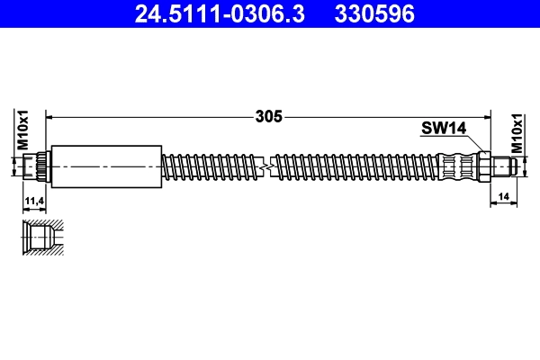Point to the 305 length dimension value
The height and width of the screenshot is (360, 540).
tap(269, 116)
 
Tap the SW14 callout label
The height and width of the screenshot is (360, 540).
tap(442, 129)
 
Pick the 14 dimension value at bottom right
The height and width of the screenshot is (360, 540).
tap(502, 193)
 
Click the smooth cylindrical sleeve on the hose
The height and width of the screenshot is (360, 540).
tap(106, 166)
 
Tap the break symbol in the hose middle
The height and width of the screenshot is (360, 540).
tap(266, 166)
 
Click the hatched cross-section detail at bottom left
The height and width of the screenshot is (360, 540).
tap(42, 237)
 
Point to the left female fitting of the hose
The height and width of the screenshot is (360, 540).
tap(39, 166)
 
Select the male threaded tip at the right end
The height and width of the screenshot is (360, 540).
tap(503, 166)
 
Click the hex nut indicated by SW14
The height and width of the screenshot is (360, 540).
tap(484, 166)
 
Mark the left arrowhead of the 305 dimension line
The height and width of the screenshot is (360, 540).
tap(50, 116)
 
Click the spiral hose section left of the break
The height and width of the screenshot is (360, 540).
tap(211, 166)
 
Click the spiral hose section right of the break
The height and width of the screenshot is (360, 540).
tap(355, 166)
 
